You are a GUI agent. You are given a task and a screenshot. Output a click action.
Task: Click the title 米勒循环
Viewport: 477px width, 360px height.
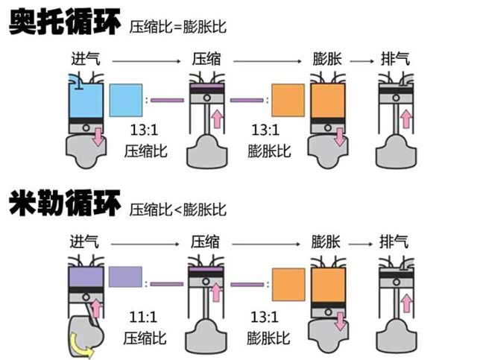pos(63,203)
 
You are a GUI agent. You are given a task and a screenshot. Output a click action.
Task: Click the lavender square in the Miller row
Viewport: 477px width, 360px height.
pos(125,277)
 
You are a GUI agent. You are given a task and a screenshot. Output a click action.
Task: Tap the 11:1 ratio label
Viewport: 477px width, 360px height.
pos(144,315)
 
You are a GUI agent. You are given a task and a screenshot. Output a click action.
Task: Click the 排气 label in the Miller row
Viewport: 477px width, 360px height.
pos(395,241)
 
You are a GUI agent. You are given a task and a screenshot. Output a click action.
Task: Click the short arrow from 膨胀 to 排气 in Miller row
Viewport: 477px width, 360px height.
pos(361,242)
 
